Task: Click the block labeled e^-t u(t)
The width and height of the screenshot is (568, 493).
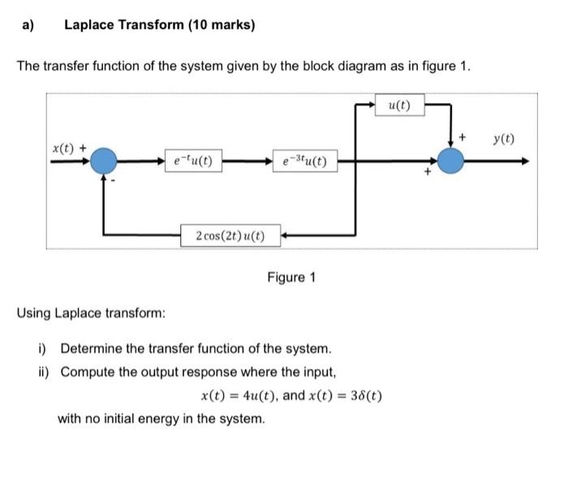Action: click(188, 161)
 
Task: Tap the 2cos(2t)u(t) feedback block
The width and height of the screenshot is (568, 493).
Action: click(230, 236)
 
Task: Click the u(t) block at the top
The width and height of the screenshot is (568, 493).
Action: click(400, 106)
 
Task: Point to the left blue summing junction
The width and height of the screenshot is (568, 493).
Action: click(104, 161)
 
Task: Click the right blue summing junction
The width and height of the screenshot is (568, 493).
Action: click(451, 161)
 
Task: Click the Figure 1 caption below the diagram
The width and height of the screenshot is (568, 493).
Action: click(291, 278)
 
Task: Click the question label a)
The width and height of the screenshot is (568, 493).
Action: click(28, 25)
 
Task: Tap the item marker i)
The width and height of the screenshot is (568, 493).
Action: click(43, 349)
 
